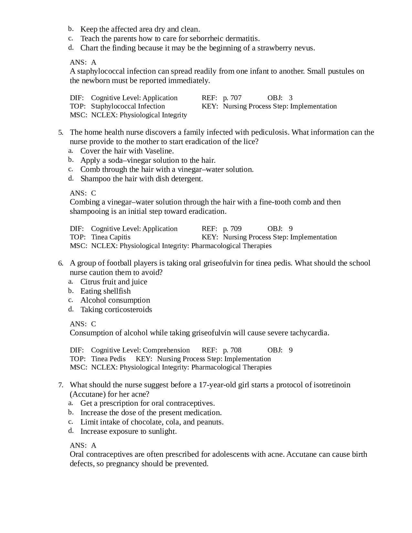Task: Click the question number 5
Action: pos(60,132)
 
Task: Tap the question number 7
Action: pos(60,385)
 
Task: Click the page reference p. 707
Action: pos(232,98)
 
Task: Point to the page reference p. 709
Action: pos(232,229)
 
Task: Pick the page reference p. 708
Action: pos(232,350)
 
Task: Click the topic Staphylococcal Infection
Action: pos(128,106)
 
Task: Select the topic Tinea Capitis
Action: pos(111,237)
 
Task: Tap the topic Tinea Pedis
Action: pos(108,359)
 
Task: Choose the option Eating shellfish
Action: pos(105,291)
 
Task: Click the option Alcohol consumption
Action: pos(115,300)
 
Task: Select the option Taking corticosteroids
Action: pos(116,309)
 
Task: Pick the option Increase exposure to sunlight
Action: pos(128,431)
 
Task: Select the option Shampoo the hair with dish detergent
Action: pos(142,179)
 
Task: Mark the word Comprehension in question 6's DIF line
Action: pos(166,350)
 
